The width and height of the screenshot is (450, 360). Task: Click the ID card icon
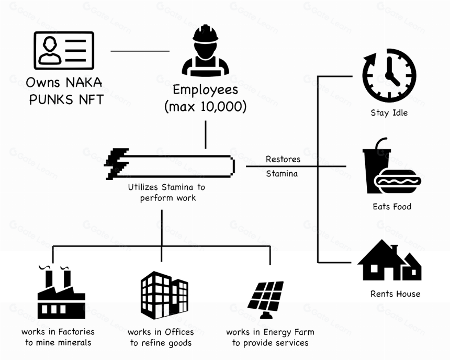pos(64,51)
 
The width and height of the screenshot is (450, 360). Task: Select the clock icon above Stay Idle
pos(389,75)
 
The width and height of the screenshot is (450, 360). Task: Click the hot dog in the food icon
pos(398,182)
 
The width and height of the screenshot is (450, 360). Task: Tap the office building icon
pos(164,295)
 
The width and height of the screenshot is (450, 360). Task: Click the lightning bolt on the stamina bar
pos(116,164)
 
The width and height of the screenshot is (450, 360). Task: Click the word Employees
pos(206,89)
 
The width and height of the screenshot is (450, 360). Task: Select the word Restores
pos(283,159)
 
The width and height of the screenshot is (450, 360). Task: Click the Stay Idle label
pos(389,113)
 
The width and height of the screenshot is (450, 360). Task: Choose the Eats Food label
pos(392,207)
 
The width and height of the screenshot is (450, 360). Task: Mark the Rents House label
pos(396,294)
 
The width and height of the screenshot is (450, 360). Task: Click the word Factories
pos(76,332)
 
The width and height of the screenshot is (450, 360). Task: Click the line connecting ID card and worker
pos(140,51)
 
